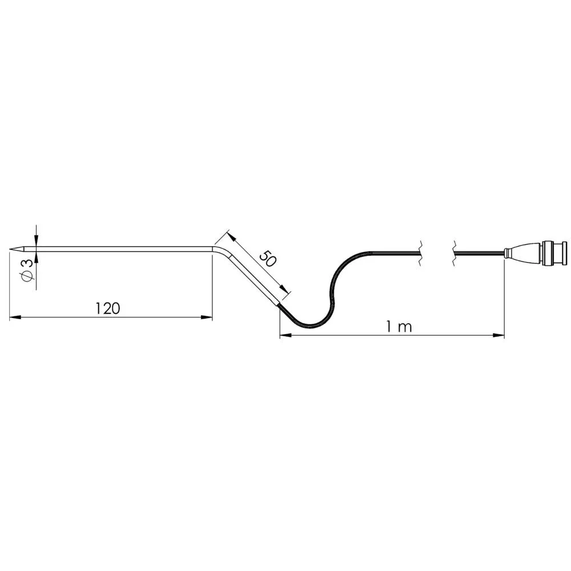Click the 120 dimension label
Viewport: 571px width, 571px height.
(x=107, y=308)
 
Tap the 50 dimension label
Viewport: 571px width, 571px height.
(x=268, y=258)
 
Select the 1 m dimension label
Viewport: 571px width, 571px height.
(x=399, y=327)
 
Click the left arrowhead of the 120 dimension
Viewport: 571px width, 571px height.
(x=15, y=317)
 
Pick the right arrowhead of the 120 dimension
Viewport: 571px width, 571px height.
(x=207, y=317)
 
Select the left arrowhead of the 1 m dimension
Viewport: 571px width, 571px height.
(x=285, y=335)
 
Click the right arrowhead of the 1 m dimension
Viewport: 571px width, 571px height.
(x=498, y=335)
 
